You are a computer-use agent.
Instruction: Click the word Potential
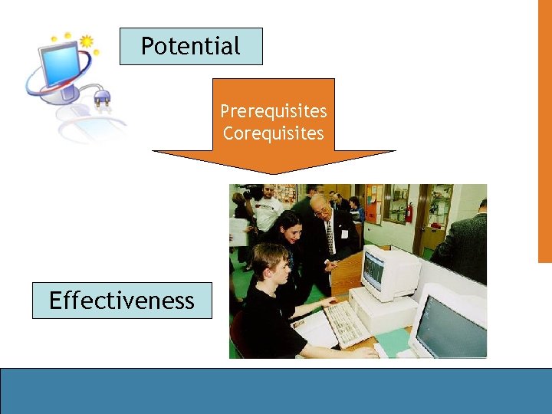tap(191, 46)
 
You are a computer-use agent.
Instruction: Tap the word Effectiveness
tap(122, 301)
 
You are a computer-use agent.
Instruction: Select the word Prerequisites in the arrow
tap(274, 111)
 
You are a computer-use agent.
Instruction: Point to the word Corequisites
tap(274, 133)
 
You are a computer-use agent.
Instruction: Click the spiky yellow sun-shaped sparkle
tap(86, 41)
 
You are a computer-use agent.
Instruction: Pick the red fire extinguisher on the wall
tap(409, 212)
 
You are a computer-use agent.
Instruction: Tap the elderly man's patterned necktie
tap(330, 238)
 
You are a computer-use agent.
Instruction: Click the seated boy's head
tap(270, 261)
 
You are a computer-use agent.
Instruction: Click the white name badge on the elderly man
tap(340, 229)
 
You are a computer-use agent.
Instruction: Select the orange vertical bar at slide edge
tap(544, 130)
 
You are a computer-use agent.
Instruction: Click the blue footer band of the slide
tap(276, 391)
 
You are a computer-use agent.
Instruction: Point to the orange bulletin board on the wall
tap(373, 203)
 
